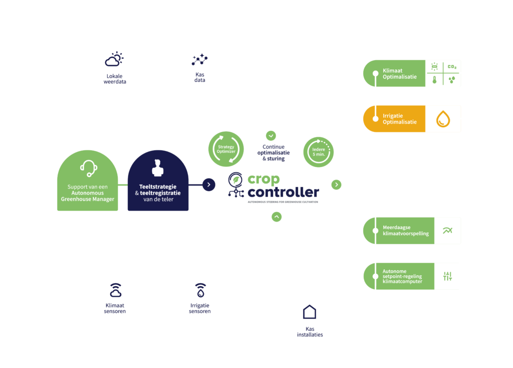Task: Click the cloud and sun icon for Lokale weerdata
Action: [114, 60]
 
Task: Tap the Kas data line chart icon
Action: [200, 60]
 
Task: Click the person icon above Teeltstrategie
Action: [158, 168]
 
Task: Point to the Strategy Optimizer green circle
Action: [225, 148]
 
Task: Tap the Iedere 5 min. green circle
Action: [319, 151]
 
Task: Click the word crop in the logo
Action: [264, 179]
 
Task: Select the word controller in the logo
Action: [283, 193]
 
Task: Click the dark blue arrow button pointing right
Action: [208, 185]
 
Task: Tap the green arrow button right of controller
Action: [336, 185]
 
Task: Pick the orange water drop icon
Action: [443, 119]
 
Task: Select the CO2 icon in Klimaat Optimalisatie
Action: [452, 67]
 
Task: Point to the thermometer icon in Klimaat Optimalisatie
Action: [434, 80]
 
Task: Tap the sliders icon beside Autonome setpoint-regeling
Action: [447, 276]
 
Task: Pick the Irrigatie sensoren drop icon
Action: [200, 290]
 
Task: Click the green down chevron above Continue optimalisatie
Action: [271, 135]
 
